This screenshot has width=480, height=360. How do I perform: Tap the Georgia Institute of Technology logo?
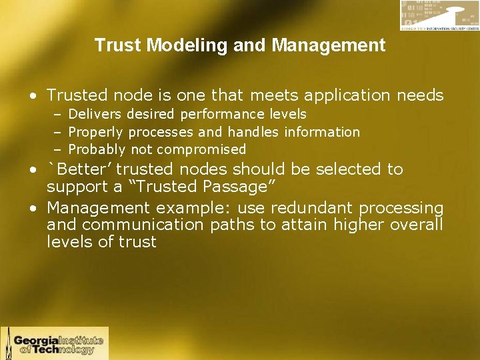[55, 343]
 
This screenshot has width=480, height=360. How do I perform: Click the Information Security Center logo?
[438, 15]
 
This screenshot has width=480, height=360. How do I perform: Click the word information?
[322, 132]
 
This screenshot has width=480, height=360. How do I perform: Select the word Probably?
[97, 149]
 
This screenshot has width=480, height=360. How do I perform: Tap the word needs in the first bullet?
[421, 95]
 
